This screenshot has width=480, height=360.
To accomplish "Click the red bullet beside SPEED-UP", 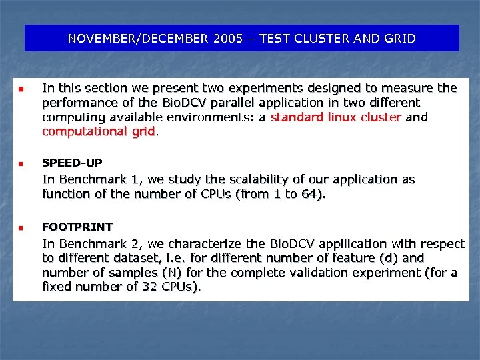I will [x=21, y=163].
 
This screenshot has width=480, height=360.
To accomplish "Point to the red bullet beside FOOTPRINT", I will [x=21, y=227].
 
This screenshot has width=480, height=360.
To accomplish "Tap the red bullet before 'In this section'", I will [x=21, y=89].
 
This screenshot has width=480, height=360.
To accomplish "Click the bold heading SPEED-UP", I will [x=72, y=163].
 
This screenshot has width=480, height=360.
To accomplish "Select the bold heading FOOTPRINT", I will [x=77, y=227].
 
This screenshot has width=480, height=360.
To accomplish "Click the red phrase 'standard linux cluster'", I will [x=335, y=117].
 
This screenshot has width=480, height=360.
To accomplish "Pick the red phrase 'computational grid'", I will [x=98, y=132].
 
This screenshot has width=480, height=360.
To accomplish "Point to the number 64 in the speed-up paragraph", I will [x=309, y=194].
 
